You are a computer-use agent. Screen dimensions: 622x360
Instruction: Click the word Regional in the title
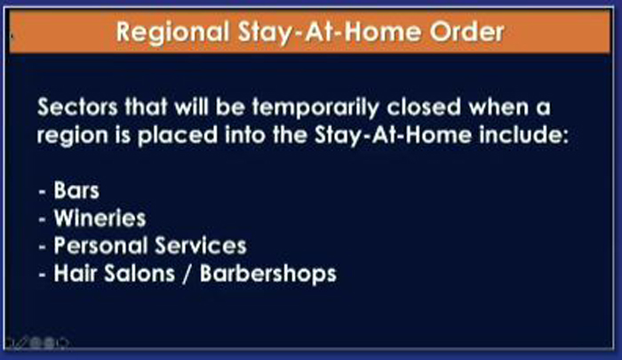tap(172, 32)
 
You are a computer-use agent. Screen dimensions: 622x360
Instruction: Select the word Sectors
tap(77, 107)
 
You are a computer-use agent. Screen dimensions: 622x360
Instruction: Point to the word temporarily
tap(316, 108)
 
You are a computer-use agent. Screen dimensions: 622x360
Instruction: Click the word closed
tap(424, 107)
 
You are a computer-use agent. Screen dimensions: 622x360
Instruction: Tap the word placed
tap(178, 136)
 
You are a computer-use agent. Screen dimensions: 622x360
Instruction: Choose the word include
tap(523, 135)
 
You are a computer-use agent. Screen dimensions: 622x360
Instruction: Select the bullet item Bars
tap(76, 190)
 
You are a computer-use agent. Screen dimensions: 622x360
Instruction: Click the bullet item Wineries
tap(100, 218)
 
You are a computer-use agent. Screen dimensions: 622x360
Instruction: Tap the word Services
tap(201, 245)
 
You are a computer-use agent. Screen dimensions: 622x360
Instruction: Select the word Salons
tap(140, 274)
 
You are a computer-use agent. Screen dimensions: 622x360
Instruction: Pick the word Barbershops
tap(268, 274)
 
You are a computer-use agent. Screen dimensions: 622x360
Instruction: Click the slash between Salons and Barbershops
tap(187, 274)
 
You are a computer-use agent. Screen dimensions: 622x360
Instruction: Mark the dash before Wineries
tap(43, 220)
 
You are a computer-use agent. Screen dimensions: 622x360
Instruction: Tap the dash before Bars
tap(43, 192)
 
